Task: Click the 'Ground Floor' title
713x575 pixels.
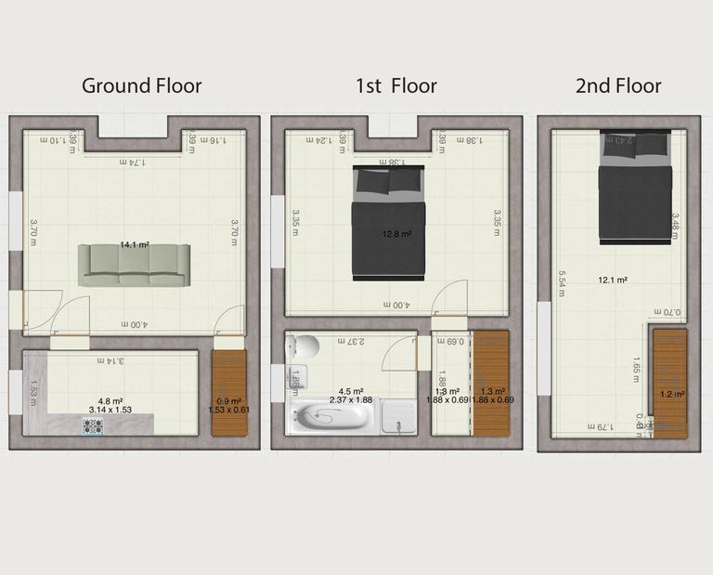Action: tap(141, 86)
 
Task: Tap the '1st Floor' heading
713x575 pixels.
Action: tap(395, 86)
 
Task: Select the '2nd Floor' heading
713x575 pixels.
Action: tap(618, 86)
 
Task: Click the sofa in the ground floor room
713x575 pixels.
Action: tap(134, 265)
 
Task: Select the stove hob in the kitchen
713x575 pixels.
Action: tap(93, 426)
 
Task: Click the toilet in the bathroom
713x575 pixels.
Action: tap(302, 348)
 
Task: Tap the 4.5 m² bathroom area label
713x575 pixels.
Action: tap(351, 391)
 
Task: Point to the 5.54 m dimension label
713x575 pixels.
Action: tap(562, 282)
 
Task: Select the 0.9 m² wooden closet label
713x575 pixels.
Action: tap(227, 401)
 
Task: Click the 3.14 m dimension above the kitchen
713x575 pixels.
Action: tap(111, 360)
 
